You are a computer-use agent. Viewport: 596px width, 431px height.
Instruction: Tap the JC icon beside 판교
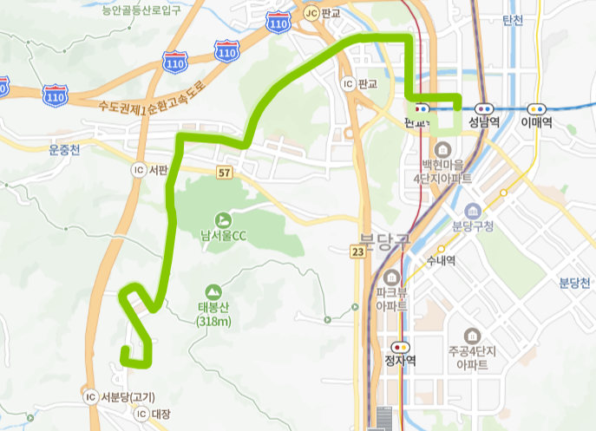tap(311, 13)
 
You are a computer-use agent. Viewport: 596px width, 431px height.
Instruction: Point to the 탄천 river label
tap(513, 20)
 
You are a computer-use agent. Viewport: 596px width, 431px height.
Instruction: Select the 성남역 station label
tap(482, 123)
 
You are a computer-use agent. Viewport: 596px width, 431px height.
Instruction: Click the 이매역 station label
tap(537, 123)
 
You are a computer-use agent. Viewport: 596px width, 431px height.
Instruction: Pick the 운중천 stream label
tap(64, 149)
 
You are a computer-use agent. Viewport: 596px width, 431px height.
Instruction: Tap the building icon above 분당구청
tap(473, 212)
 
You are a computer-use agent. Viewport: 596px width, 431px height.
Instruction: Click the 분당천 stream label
tap(575, 284)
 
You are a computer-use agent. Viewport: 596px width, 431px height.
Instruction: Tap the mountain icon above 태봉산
tap(213, 292)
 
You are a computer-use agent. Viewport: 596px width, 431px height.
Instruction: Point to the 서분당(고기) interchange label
tap(128, 397)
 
